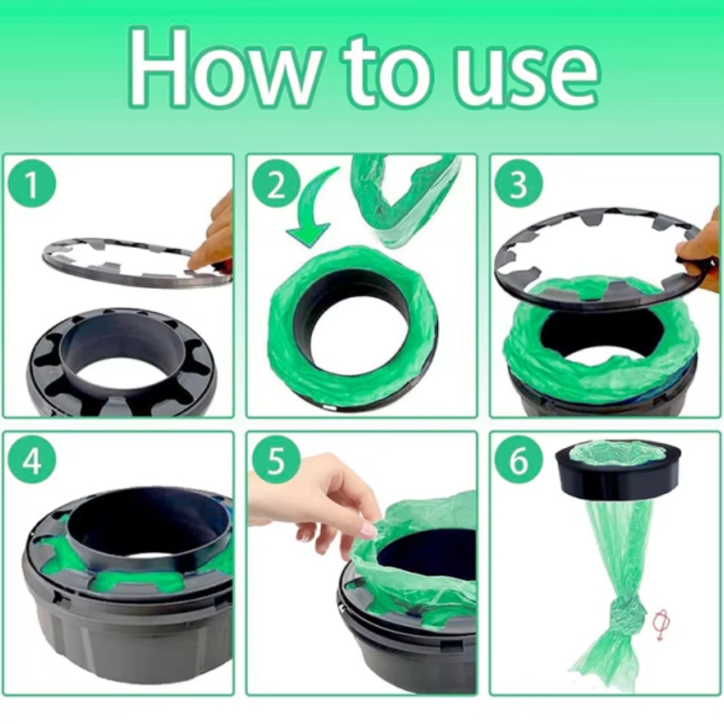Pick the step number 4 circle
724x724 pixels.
click(33, 462)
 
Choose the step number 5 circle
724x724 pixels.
click(275, 462)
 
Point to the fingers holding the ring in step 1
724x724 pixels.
click(214, 235)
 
